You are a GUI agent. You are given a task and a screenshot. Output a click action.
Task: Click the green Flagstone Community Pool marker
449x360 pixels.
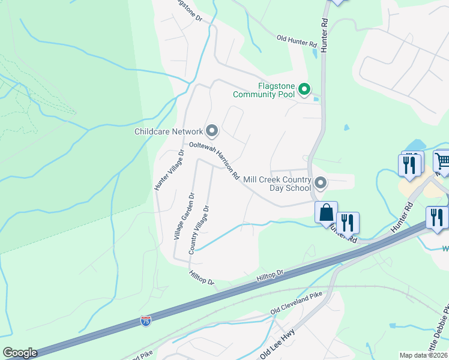click(304, 90)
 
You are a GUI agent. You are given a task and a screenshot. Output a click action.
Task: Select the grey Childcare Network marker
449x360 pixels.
click(211, 130)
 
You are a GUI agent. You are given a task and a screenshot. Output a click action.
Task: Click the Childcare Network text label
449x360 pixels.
click(169, 131)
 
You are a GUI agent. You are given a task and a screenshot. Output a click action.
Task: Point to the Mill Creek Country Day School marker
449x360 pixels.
click(321, 183)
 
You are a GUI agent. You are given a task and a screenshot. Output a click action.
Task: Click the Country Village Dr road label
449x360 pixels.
click(199, 230)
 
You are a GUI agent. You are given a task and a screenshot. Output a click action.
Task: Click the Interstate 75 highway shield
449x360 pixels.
click(146, 321)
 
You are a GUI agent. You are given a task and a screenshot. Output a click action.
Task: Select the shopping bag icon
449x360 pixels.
click(326, 212)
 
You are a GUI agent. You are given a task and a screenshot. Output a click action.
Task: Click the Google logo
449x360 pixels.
click(20, 353)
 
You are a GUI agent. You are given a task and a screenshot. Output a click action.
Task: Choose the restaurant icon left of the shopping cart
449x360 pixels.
click(410, 164)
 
